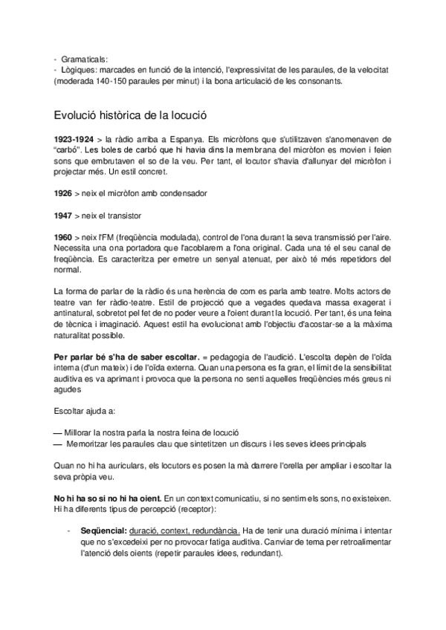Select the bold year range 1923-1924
[x=73, y=139]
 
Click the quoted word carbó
[x=68, y=151]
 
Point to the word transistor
[x=119, y=215]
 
